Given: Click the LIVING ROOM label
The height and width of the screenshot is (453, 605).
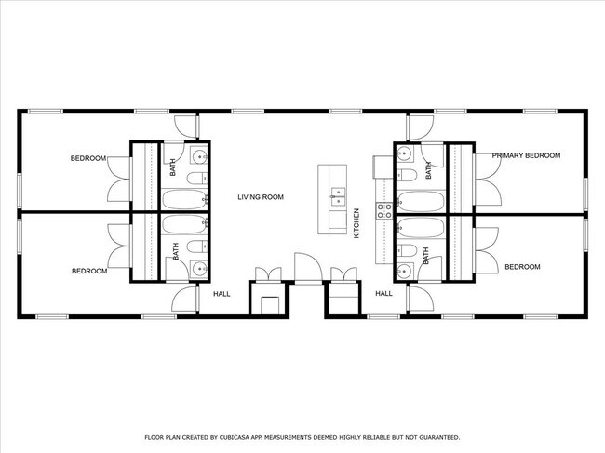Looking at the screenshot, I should [x=260, y=197].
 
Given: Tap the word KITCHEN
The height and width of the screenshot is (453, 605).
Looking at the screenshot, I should [x=356, y=223].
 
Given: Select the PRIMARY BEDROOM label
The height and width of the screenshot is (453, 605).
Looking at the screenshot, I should [x=526, y=156].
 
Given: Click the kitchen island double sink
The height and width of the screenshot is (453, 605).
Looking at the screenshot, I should [x=337, y=196].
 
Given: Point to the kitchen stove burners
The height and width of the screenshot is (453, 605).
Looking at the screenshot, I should [x=383, y=210].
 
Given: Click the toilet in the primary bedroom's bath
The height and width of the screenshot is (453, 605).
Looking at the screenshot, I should [x=408, y=176].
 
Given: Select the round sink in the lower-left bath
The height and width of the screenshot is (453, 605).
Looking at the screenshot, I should [x=198, y=269].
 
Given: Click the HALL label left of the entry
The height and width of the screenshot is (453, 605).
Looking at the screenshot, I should [x=222, y=294].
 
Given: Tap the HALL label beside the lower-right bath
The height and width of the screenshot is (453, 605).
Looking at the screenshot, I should [x=383, y=294].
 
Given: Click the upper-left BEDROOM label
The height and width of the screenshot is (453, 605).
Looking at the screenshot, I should [x=88, y=158].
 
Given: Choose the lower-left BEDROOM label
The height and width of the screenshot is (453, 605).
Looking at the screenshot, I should [x=89, y=272].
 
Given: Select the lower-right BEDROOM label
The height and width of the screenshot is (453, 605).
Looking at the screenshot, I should [x=522, y=267].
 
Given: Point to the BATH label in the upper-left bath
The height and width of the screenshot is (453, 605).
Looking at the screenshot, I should [x=174, y=168].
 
